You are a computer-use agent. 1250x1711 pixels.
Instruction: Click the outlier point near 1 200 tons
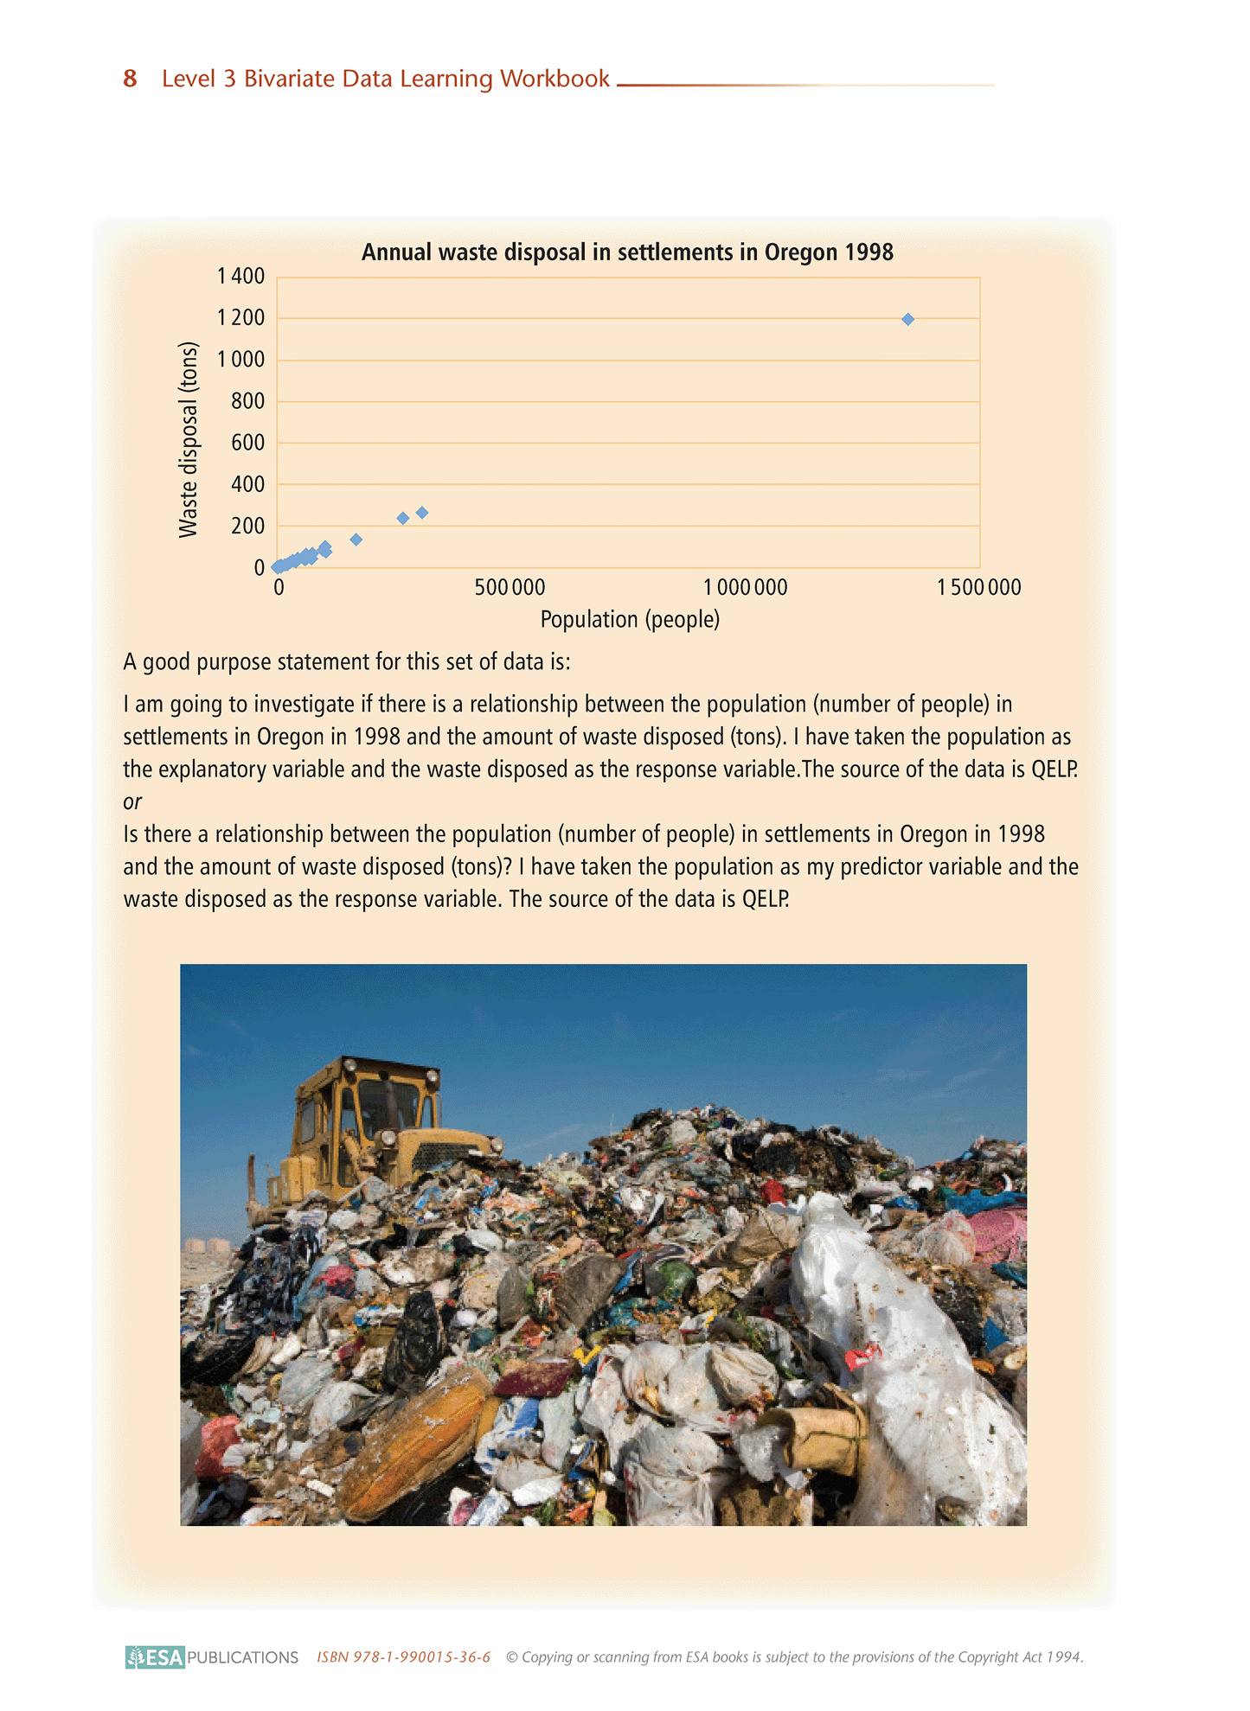tap(907, 319)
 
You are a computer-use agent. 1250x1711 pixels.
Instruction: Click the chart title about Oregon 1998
tap(627, 252)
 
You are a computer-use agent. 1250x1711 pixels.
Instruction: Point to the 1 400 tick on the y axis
tap(241, 277)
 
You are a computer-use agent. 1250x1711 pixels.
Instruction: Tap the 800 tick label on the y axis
tap(247, 401)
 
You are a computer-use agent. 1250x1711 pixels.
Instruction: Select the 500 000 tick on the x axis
tap(510, 588)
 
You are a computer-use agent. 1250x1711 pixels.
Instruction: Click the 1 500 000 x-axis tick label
tap(979, 588)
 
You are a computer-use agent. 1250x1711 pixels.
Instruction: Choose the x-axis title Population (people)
tap(630, 619)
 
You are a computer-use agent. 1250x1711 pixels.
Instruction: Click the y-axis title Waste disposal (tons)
tap(189, 440)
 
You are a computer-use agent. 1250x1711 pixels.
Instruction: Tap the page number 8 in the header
tap(130, 79)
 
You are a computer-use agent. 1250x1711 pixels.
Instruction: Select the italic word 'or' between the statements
tap(132, 801)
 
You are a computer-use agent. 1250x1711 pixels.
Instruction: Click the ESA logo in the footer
tap(156, 1657)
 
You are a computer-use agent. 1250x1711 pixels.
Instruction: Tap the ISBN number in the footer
tap(403, 1657)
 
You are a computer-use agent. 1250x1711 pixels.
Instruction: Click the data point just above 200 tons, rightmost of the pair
tap(422, 513)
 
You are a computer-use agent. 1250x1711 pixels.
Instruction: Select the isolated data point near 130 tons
tap(356, 539)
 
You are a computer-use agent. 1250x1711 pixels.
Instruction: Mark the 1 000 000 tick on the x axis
tap(745, 588)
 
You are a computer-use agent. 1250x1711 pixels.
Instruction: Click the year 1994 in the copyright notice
tap(1063, 1657)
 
